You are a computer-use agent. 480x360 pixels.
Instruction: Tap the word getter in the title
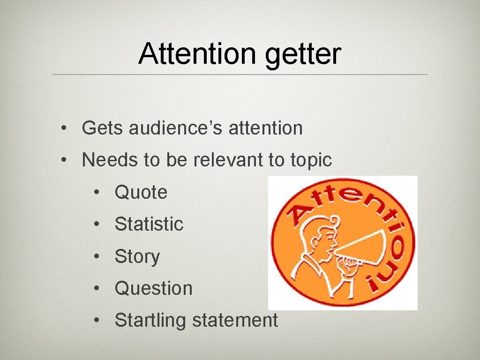(x=302, y=55)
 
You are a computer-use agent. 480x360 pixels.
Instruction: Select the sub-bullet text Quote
(x=141, y=192)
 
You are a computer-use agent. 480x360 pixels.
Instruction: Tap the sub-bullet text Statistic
(x=149, y=224)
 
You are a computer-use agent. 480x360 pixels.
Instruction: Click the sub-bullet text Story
(x=137, y=257)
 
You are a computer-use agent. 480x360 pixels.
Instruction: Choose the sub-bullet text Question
(x=153, y=288)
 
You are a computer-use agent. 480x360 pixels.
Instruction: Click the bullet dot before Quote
(x=96, y=192)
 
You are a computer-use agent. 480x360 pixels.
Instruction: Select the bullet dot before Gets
(x=63, y=128)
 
